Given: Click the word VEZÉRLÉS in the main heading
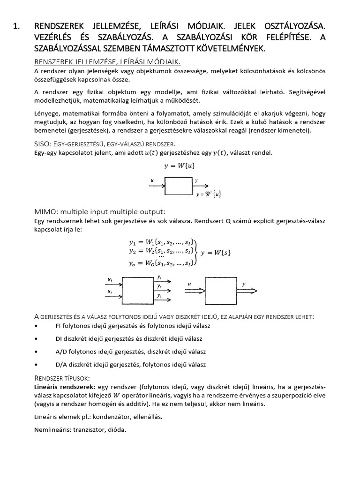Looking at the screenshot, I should point(58,38).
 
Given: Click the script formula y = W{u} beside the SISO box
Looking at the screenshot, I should point(208,194).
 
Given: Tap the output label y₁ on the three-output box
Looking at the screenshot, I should point(160,277).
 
